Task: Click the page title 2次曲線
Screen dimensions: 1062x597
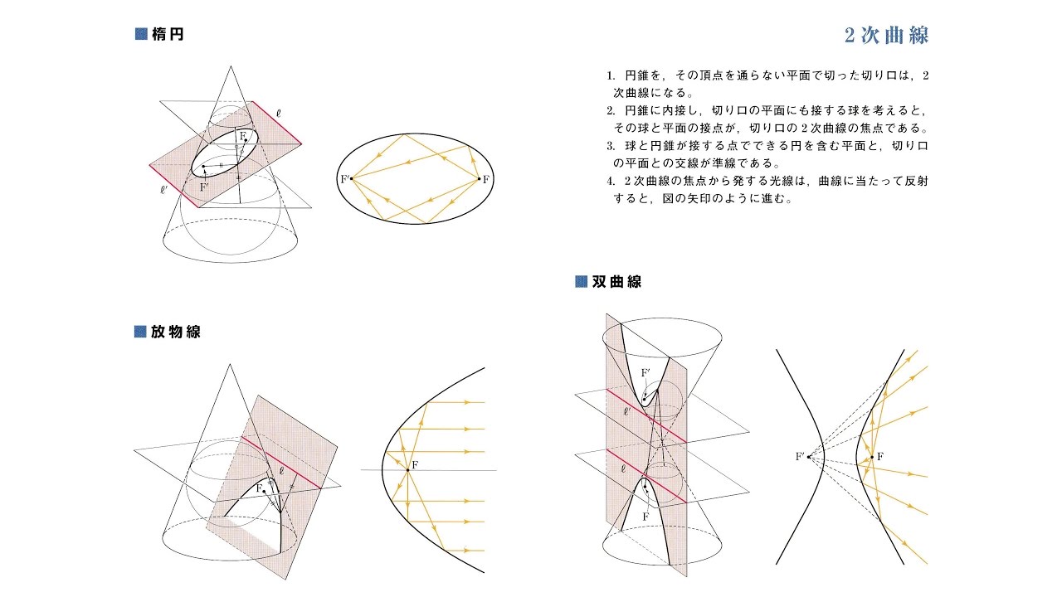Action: [x=886, y=36]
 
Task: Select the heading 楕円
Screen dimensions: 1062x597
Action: [x=168, y=34]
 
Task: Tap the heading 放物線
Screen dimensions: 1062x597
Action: [x=175, y=332]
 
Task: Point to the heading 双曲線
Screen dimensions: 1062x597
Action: [x=616, y=281]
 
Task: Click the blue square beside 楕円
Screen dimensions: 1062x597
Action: [x=141, y=34]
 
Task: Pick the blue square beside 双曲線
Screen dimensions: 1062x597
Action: [x=582, y=281]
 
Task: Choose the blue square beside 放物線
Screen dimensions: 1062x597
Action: [x=140, y=331]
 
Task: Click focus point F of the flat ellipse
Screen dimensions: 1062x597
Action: [x=480, y=179]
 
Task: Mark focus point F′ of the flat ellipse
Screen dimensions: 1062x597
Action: [x=351, y=178]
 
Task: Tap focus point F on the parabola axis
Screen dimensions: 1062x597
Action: [x=407, y=470]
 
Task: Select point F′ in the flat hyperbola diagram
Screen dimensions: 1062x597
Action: [x=809, y=457]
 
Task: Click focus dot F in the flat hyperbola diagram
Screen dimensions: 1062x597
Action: [x=872, y=457]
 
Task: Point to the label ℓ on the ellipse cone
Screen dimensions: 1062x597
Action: [x=278, y=114]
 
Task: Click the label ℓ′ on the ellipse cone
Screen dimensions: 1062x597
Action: [x=163, y=190]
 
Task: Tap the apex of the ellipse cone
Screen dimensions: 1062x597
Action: [x=231, y=67]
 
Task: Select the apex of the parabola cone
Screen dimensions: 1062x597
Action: [x=230, y=365]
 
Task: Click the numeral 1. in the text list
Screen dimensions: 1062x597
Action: [x=611, y=75]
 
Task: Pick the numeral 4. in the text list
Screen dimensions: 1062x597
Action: [x=611, y=181]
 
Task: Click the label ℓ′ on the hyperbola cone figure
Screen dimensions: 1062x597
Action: [x=627, y=412]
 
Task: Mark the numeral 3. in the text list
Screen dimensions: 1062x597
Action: [x=611, y=146]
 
